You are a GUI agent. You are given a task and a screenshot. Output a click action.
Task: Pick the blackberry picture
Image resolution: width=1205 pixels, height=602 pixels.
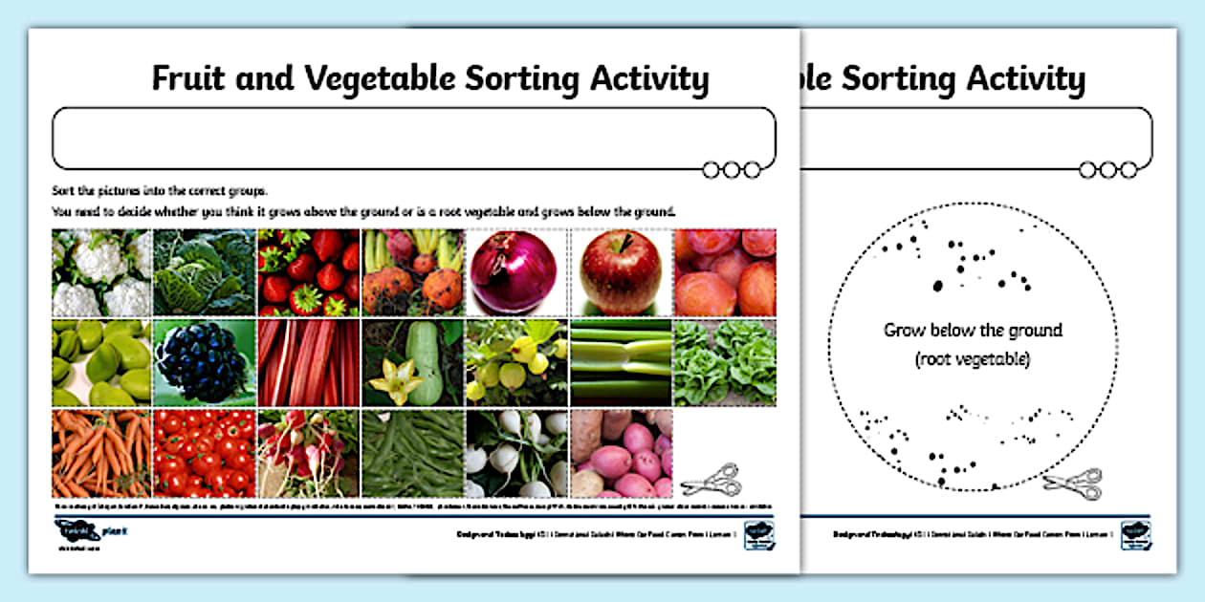click(205, 362)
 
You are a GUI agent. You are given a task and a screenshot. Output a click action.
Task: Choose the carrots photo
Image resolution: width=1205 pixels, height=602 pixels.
click(101, 453)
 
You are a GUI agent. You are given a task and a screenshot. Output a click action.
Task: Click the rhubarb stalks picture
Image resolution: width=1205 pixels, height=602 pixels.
click(308, 362)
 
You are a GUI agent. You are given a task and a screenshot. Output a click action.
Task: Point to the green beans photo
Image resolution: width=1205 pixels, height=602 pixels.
click(412, 453)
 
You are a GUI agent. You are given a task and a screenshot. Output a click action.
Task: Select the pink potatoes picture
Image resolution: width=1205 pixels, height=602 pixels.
click(622, 453)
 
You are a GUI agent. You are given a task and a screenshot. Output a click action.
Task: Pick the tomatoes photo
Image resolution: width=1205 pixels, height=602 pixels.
click(205, 453)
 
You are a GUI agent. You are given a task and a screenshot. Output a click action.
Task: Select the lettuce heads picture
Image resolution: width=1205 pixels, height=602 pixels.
click(725, 362)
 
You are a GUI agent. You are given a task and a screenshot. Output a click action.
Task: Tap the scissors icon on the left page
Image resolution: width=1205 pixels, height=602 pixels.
click(712, 478)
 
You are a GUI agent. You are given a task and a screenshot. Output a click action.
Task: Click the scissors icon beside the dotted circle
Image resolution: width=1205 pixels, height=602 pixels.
click(1073, 484)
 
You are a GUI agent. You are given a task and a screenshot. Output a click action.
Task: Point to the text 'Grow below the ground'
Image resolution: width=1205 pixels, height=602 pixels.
click(973, 331)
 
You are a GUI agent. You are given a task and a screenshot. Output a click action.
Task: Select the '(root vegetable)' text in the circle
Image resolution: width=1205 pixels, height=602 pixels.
click(973, 359)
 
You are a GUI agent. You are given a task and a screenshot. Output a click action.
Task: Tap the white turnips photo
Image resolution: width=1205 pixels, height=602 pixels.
click(517, 453)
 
